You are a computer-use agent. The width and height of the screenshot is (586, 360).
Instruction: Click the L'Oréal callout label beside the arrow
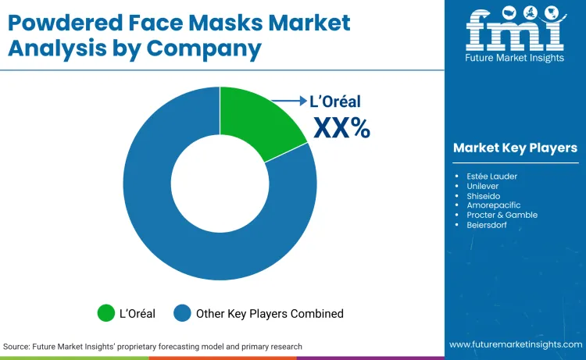tap(337, 102)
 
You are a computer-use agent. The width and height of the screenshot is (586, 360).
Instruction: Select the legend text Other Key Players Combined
tap(270, 314)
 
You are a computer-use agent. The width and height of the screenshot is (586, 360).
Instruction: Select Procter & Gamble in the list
tap(501, 215)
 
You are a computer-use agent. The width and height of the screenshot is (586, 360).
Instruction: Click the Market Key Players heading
tap(515, 148)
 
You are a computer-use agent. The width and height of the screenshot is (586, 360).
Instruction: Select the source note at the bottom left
tap(152, 346)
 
